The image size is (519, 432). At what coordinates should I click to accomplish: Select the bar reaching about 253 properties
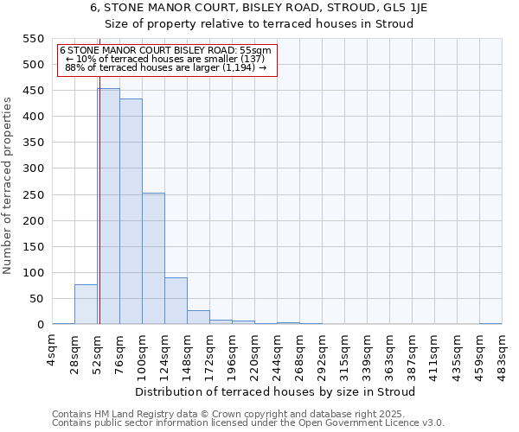pyautogui.click(x=153, y=258)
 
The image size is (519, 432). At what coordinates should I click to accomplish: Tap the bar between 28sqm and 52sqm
pyautogui.click(x=86, y=304)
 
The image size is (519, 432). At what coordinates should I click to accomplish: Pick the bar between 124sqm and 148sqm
pyautogui.click(x=176, y=301)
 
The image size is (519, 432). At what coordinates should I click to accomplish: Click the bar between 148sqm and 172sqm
pyautogui.click(x=198, y=317)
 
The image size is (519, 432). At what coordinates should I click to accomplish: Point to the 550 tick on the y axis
pyautogui.click(x=33, y=39)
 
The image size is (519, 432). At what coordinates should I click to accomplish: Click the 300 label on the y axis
pyautogui.click(x=33, y=168)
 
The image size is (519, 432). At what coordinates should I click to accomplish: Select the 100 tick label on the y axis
pyautogui.click(x=33, y=273)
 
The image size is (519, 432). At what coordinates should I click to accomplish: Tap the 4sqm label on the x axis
pyautogui.click(x=53, y=351)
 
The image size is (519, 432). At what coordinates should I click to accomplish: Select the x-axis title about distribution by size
pyautogui.click(x=276, y=391)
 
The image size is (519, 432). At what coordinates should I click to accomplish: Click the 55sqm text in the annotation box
pyautogui.click(x=257, y=50)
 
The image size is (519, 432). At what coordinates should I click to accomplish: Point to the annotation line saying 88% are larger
pyautogui.click(x=165, y=67)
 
